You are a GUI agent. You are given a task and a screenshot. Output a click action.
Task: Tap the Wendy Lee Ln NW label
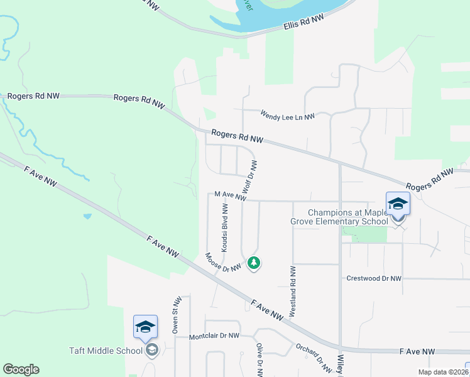click(x=287, y=114)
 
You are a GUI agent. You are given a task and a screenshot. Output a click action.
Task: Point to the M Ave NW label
click(x=229, y=196)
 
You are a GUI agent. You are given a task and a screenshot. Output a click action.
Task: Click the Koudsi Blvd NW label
click(x=224, y=227)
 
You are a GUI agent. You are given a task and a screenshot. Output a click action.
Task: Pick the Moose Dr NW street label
click(x=223, y=263)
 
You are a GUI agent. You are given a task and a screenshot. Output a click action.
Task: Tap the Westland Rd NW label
click(x=293, y=291)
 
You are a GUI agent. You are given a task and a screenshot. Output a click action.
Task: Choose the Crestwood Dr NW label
click(x=373, y=278)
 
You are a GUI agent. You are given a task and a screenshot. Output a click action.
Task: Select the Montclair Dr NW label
click(x=215, y=336)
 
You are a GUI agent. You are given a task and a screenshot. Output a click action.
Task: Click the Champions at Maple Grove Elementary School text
click(x=347, y=217)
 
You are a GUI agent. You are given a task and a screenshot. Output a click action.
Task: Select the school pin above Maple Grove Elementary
click(x=398, y=204)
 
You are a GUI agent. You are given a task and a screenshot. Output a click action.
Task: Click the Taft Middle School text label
click(x=105, y=351)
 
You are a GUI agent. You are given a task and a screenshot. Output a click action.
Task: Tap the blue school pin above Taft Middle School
click(x=145, y=327)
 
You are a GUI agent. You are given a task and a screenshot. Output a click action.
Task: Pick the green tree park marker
click(x=254, y=263)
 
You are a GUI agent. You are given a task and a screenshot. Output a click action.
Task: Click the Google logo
click(x=21, y=369)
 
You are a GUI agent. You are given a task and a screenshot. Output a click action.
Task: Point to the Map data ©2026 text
click(x=442, y=372)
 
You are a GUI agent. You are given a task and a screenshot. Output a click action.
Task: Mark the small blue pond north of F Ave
click(x=87, y=216)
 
